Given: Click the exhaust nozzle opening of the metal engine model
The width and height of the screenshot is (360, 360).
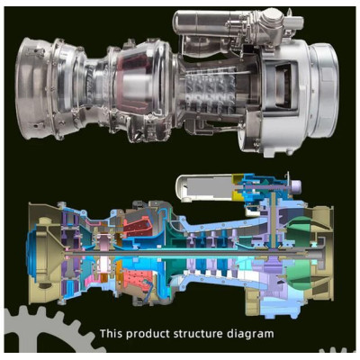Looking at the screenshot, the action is tap(29, 88).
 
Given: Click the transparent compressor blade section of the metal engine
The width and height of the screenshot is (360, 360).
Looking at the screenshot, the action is tap(210, 90).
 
